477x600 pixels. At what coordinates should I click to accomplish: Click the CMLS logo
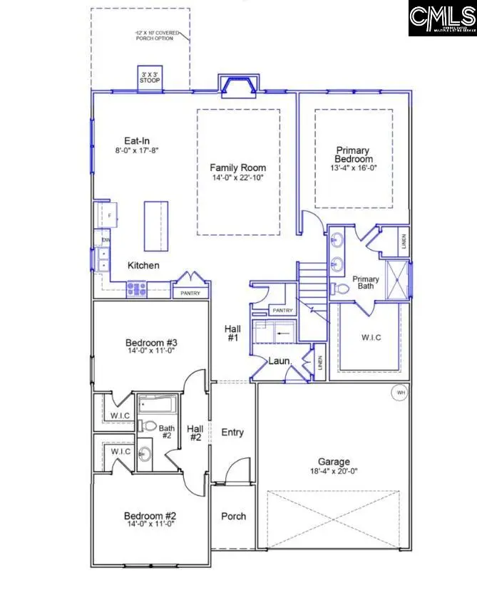pyautogui.click(x=441, y=18)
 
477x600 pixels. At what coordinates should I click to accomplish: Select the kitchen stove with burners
pyautogui.click(x=136, y=289)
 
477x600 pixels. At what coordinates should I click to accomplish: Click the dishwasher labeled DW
pyautogui.click(x=106, y=241)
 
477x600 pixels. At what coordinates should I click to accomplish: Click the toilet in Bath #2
pyautogui.click(x=149, y=426)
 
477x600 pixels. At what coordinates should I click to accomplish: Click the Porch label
pyautogui.click(x=233, y=517)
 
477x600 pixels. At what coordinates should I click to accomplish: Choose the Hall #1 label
pyautogui.click(x=232, y=333)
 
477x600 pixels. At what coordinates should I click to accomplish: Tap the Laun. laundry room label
pyautogui.click(x=278, y=361)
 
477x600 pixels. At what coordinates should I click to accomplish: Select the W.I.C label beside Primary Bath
pyautogui.click(x=370, y=337)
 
